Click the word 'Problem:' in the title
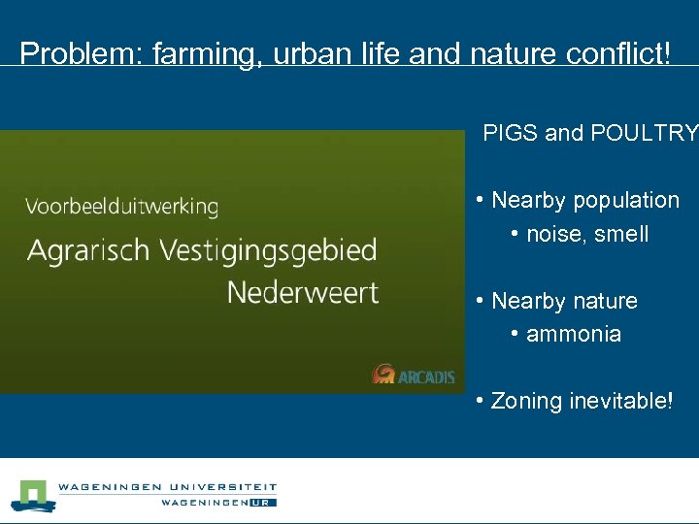click(80, 53)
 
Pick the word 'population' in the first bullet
click(626, 201)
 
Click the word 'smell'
click(621, 234)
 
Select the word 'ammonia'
click(573, 334)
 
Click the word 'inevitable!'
click(620, 401)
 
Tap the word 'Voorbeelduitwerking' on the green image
click(121, 207)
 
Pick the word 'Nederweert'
click(303, 291)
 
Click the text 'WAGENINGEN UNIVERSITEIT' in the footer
click(167, 487)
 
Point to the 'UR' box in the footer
click(263, 502)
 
